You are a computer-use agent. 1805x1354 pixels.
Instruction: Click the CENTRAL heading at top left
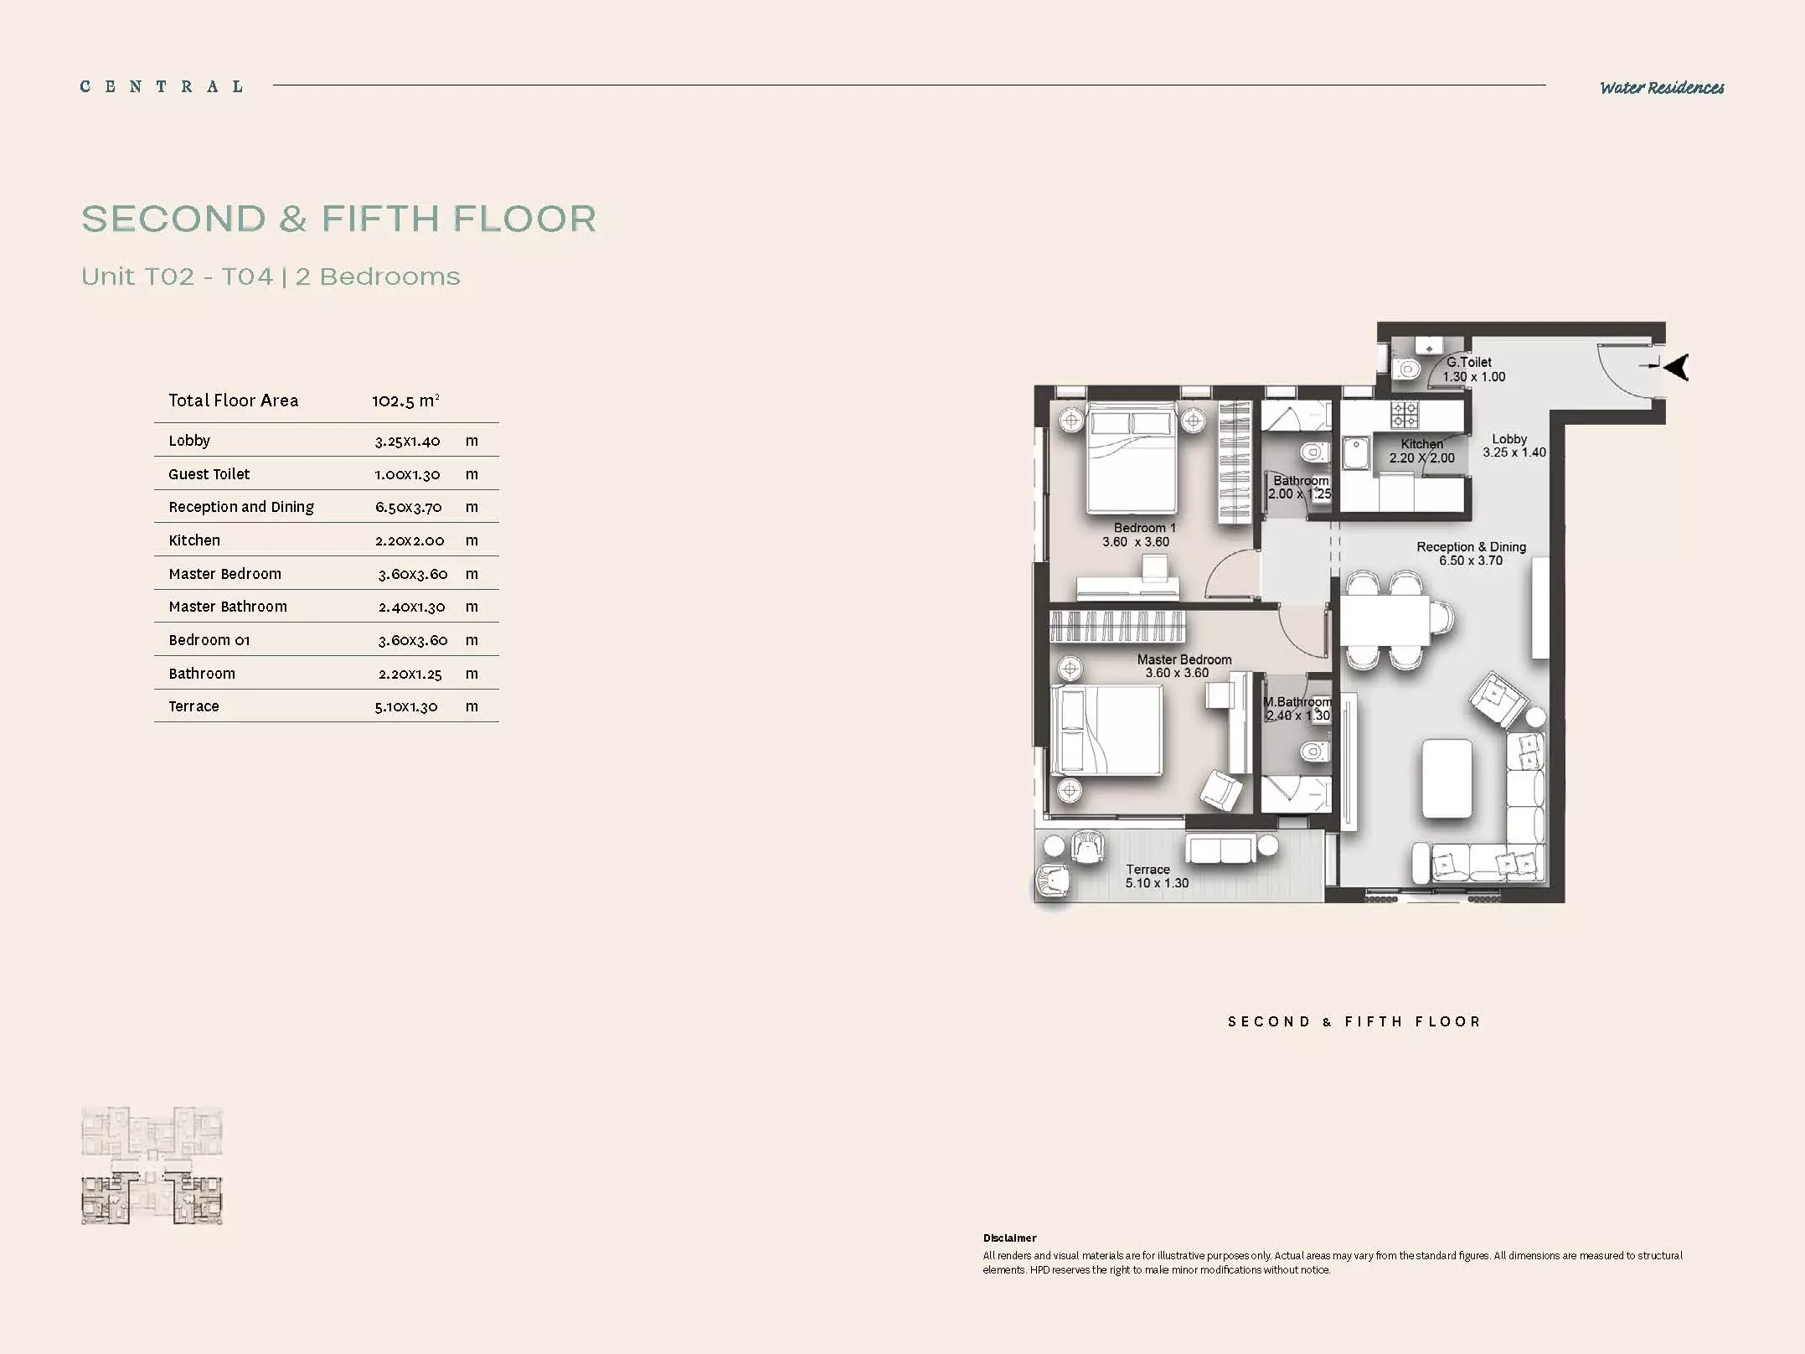click(162, 86)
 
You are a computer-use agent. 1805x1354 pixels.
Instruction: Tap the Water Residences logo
click(1662, 87)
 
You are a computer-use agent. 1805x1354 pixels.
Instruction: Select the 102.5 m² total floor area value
click(405, 401)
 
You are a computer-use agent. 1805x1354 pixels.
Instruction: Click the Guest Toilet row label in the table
click(209, 474)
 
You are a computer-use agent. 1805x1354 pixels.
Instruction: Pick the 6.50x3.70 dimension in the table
click(408, 507)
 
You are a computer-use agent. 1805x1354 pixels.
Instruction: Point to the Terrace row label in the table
click(193, 706)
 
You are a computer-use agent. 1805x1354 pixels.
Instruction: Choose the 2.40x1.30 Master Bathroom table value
click(411, 607)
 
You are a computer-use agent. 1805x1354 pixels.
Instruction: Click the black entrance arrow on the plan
click(1675, 367)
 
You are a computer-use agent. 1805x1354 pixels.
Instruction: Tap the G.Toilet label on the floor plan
click(1469, 362)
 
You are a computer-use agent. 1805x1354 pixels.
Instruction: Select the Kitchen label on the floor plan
click(1422, 444)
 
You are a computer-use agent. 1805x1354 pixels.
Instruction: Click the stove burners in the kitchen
click(1405, 414)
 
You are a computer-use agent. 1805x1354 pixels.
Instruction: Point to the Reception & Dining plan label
click(1472, 547)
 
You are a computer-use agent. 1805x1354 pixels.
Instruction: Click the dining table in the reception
click(1385, 619)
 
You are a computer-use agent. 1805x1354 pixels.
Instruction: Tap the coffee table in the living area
click(1447, 778)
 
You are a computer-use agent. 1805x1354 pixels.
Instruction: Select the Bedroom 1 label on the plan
click(1145, 528)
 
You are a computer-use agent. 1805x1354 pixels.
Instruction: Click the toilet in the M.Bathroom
click(1314, 751)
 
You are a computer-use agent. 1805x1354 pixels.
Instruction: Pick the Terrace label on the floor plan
click(1147, 870)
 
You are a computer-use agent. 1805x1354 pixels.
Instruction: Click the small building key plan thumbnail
click(152, 1165)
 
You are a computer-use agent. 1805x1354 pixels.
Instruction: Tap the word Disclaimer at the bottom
click(1010, 1238)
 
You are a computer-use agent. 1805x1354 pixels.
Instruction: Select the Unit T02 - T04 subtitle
click(178, 276)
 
